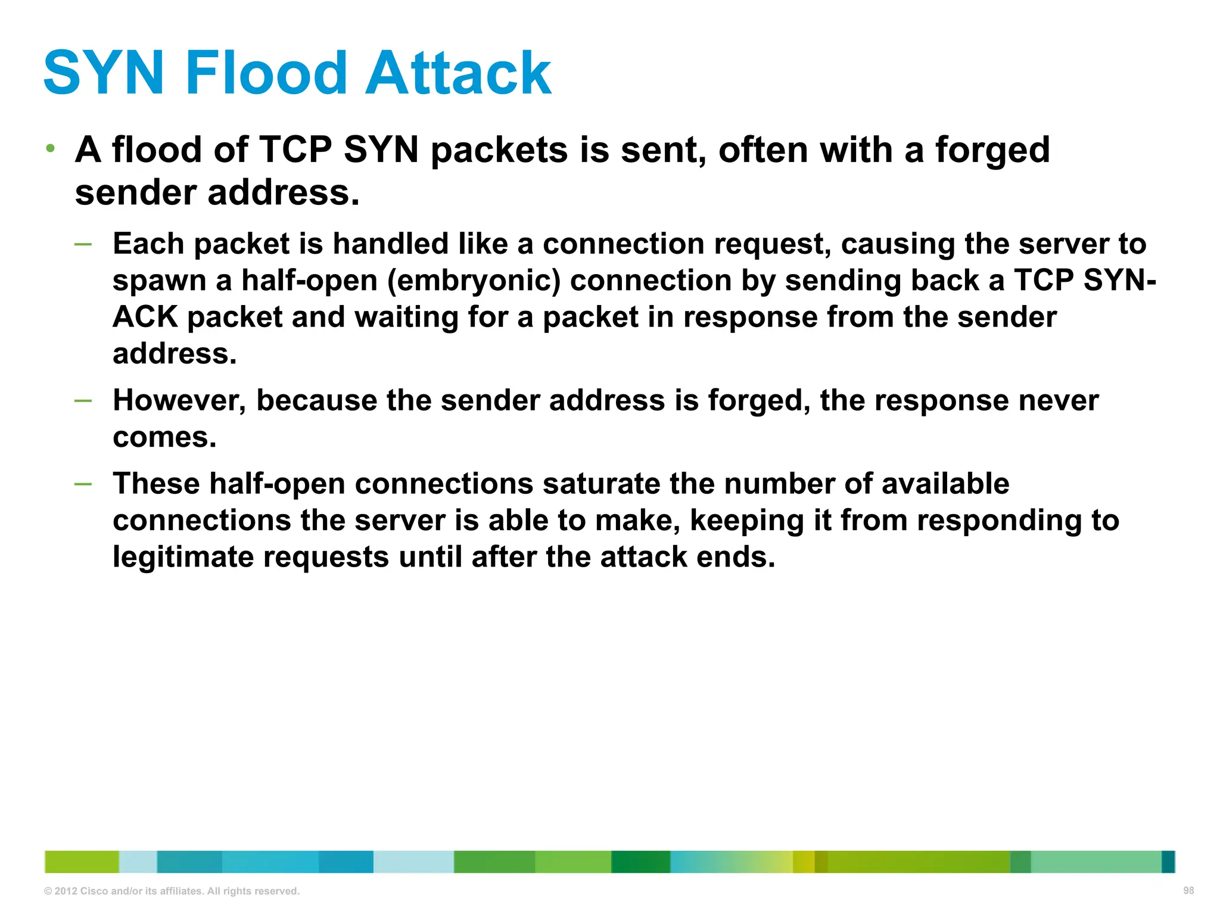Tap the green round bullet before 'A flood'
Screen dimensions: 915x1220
click(51, 148)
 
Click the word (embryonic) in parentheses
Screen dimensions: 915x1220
click(474, 281)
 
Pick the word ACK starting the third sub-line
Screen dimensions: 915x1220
click(145, 317)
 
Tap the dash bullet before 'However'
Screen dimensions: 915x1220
click(83, 400)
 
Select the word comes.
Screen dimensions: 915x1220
click(164, 437)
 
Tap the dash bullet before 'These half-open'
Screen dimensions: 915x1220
click(83, 484)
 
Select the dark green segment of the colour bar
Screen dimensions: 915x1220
click(640, 862)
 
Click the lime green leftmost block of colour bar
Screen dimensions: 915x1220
click(82, 862)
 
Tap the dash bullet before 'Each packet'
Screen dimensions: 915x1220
click(83, 244)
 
